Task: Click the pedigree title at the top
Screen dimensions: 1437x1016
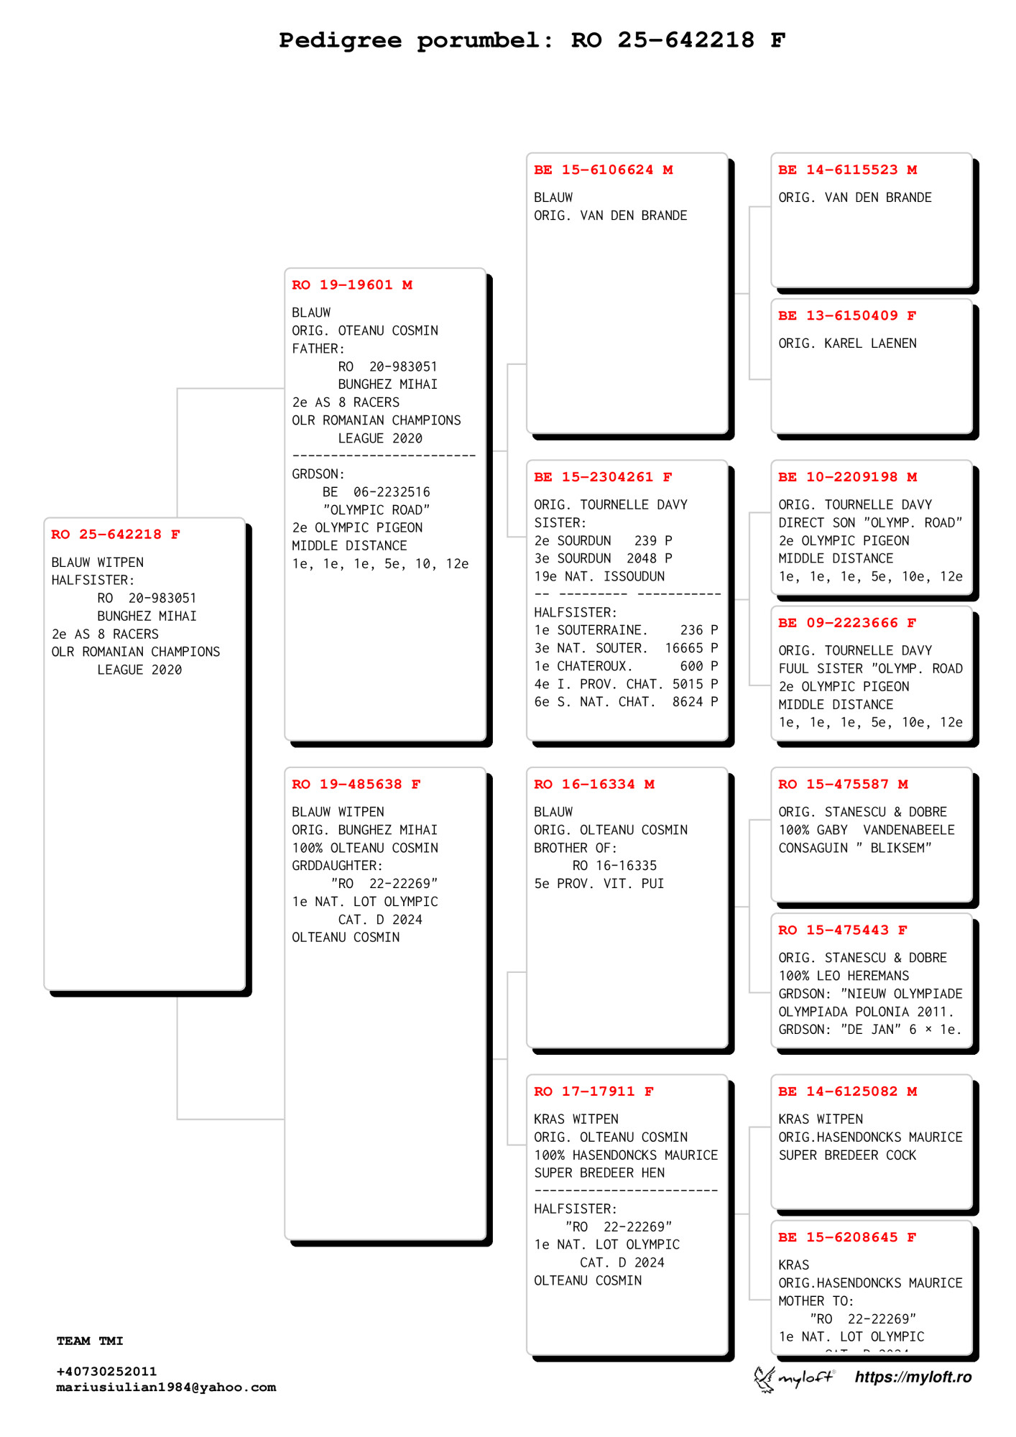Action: (532, 40)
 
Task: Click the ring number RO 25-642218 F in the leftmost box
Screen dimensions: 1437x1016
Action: (115, 535)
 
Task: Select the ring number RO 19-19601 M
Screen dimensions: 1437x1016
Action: (351, 285)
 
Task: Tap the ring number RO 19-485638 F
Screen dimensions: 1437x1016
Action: (356, 785)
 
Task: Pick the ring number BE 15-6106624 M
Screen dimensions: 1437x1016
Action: (603, 170)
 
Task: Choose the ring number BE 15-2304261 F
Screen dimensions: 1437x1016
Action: (603, 477)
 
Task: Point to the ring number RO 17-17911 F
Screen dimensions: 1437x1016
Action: (594, 1091)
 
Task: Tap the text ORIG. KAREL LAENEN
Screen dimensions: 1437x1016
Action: (847, 343)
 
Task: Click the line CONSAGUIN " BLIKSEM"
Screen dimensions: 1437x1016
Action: (854, 848)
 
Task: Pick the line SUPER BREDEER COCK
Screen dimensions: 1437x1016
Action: (847, 1155)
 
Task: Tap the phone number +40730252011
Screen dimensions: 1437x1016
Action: (106, 1372)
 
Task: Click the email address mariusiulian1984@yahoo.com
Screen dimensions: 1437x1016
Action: (166, 1387)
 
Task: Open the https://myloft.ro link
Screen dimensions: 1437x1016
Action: (913, 1377)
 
